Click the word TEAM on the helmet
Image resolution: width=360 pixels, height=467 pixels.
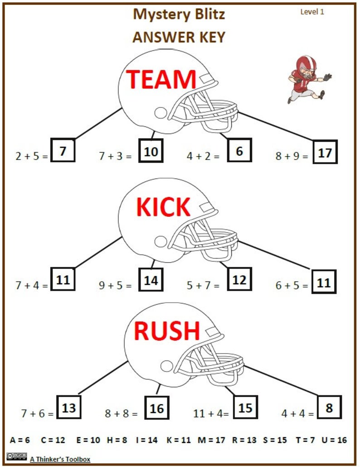[161, 79]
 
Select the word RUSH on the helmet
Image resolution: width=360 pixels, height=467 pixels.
[166, 331]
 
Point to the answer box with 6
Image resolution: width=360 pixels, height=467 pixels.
[239, 151]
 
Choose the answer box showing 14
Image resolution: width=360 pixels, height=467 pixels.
[151, 280]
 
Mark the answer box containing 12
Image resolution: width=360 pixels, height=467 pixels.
[239, 280]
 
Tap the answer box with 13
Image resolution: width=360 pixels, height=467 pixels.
[68, 407]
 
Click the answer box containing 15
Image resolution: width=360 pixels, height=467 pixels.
[245, 407]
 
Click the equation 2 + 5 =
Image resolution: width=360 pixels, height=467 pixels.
[31, 156]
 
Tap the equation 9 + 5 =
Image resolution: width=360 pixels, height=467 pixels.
[115, 286]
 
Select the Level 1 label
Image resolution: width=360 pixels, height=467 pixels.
[312, 12]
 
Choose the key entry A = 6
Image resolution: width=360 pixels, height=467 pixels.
[19, 440]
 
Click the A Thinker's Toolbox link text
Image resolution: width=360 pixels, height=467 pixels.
[60, 459]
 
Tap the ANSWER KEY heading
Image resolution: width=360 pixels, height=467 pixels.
[179, 37]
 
